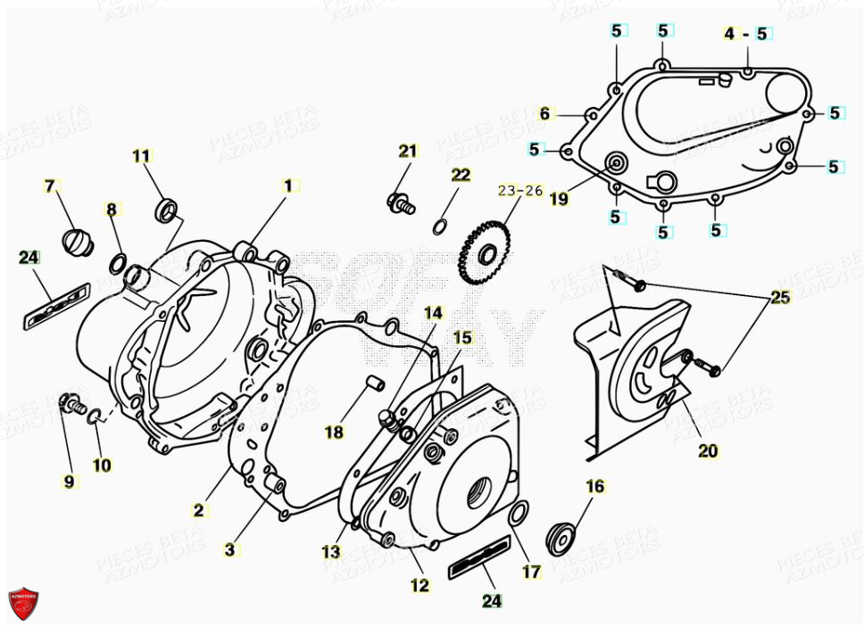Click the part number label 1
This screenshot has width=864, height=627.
287,186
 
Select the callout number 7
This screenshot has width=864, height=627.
50,186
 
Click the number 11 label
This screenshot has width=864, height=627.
142,156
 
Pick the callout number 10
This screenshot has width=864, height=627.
102,464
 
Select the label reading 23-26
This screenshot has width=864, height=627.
520,191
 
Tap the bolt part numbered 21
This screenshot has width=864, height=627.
401,203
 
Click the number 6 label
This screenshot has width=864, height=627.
545,113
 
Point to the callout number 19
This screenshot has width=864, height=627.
559,199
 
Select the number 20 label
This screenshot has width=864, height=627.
707,451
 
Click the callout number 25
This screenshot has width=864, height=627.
780,298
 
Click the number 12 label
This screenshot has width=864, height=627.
420,585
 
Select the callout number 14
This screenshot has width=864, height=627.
433,312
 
